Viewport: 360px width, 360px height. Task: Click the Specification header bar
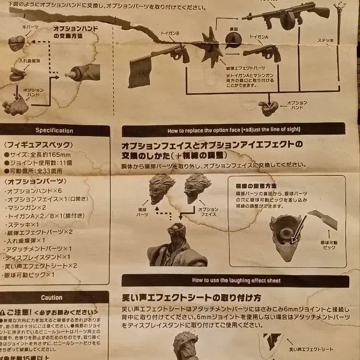click(x=54, y=131)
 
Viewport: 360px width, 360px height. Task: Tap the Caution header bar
click(x=52, y=298)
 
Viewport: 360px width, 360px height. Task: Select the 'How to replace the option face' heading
click(x=234, y=130)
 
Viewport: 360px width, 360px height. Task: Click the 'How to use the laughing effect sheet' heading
click(x=236, y=280)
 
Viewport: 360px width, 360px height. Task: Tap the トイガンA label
click(x=259, y=36)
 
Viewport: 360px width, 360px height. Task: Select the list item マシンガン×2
click(x=27, y=208)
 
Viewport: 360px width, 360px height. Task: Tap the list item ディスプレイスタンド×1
click(x=38, y=257)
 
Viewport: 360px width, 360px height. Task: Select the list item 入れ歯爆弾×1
click(x=26, y=240)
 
